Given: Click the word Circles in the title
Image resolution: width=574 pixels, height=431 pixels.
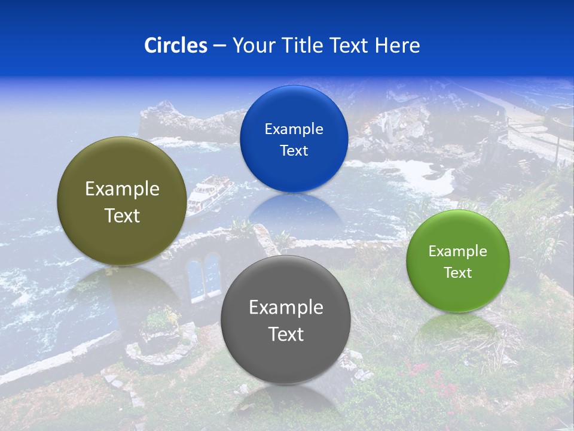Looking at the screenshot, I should (x=176, y=45).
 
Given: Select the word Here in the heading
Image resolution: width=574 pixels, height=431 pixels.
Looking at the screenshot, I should (x=397, y=45).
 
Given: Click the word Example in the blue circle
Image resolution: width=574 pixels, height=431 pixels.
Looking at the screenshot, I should (x=294, y=129).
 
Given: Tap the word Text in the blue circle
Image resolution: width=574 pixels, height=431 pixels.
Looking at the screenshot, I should (x=294, y=150).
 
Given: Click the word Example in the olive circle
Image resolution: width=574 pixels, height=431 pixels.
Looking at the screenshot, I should (x=122, y=189).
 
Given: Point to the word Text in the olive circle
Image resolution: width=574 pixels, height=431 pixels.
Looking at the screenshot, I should (x=122, y=215).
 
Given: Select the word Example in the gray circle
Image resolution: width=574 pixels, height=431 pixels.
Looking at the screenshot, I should (x=286, y=308).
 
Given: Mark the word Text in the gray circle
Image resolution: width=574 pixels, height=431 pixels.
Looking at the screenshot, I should (x=286, y=334).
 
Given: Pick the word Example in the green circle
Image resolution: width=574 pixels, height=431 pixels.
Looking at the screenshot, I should (x=458, y=251).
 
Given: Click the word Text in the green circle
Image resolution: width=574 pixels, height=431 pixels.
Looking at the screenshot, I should (x=458, y=273).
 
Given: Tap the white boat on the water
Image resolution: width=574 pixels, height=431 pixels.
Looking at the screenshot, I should (x=209, y=193).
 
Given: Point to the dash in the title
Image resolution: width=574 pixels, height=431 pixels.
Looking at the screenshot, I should (x=219, y=46).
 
